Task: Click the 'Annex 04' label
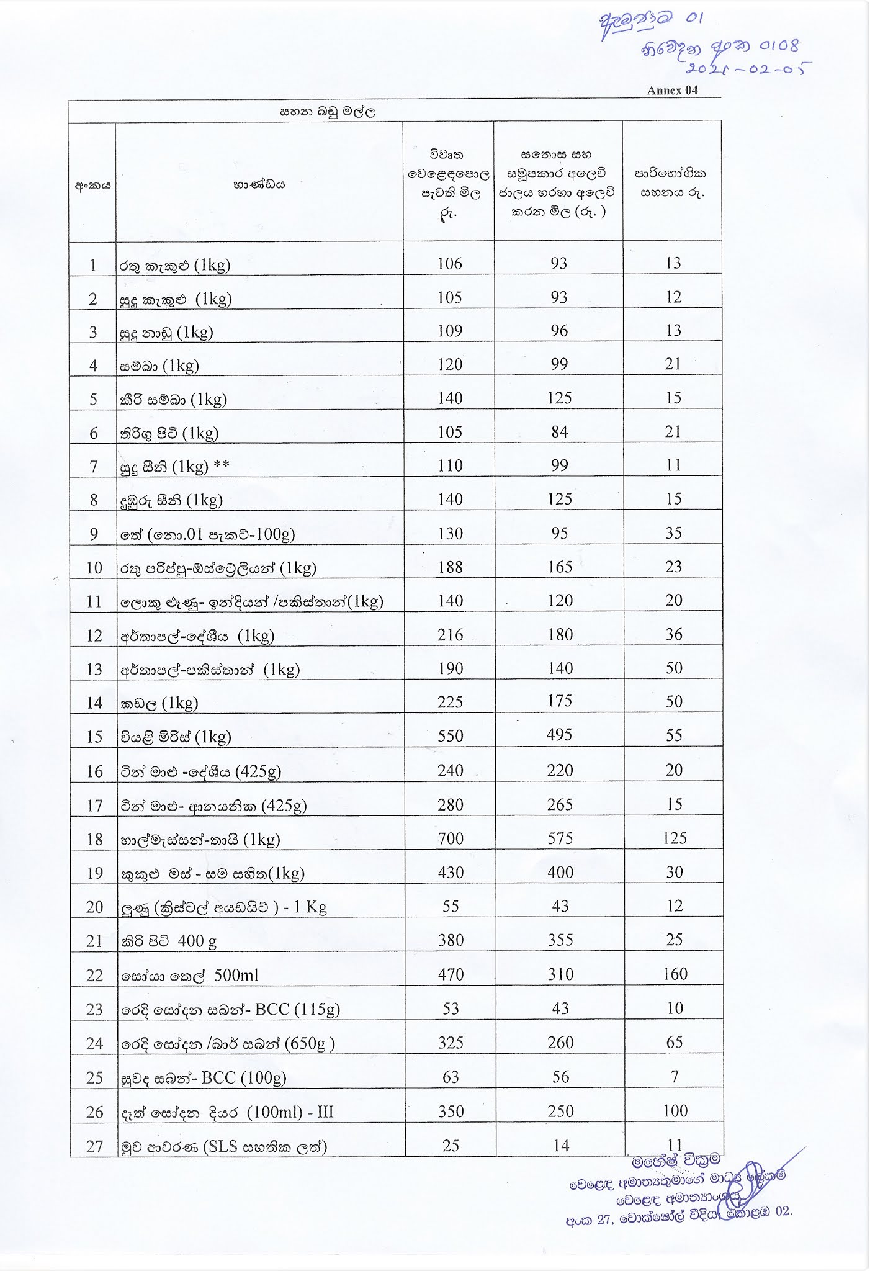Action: [x=672, y=90]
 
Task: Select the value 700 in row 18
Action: [x=450, y=838]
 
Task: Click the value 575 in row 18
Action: [x=560, y=838]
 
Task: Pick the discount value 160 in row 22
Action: [x=674, y=974]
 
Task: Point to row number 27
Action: [x=94, y=1146]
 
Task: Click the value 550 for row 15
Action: [x=450, y=735]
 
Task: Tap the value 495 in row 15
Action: [x=560, y=735]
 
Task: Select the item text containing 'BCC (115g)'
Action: [x=230, y=1009]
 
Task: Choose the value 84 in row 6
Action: [x=559, y=431]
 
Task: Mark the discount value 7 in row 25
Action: [x=675, y=1076]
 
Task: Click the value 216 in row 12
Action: [x=450, y=634]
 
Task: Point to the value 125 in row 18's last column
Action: [x=674, y=838]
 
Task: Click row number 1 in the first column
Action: [x=93, y=266]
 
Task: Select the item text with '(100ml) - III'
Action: [x=227, y=1112]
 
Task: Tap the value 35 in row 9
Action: [x=674, y=533]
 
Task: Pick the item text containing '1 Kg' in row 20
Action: [x=223, y=907]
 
